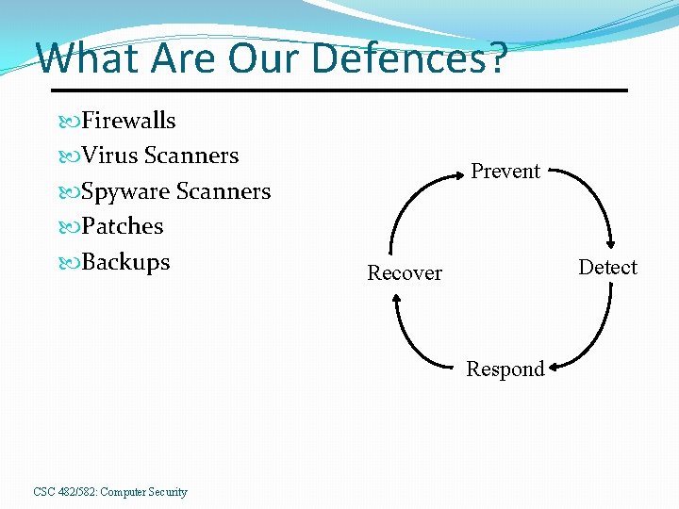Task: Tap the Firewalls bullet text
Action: (x=128, y=121)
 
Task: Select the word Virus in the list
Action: (x=109, y=156)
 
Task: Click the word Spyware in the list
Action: (x=125, y=192)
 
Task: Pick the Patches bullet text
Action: (x=123, y=226)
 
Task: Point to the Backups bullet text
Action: (x=125, y=262)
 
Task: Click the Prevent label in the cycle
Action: (x=505, y=172)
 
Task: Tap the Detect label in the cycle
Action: (x=607, y=268)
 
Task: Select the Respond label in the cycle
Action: (x=505, y=369)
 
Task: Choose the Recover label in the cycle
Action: (x=405, y=273)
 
